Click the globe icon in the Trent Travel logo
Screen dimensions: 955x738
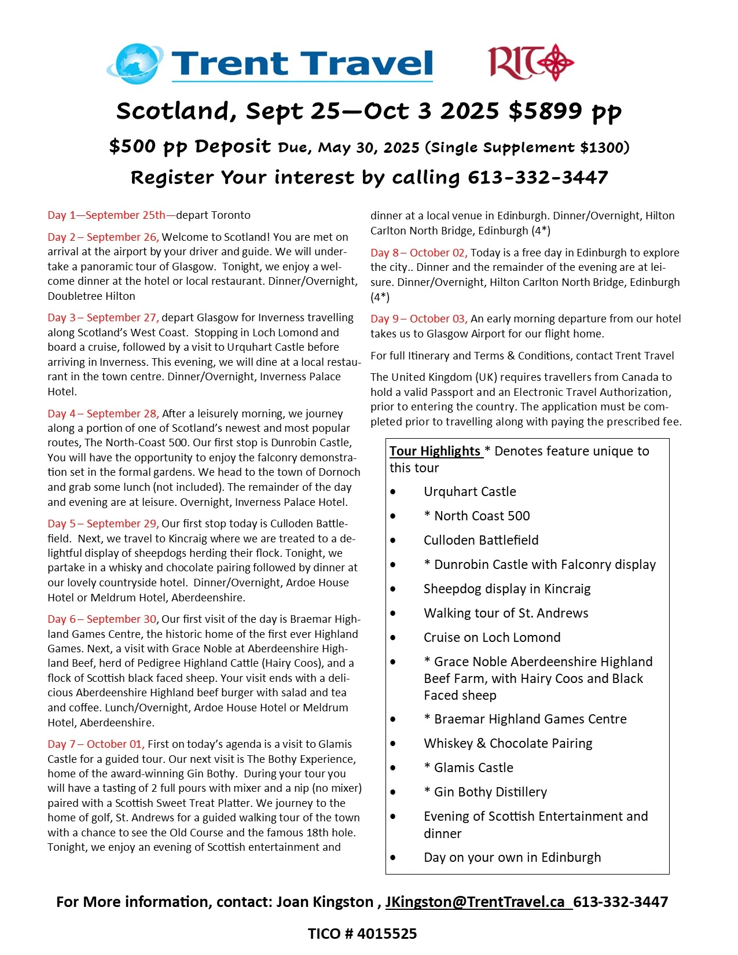click(137, 63)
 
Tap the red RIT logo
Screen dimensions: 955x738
click(530, 62)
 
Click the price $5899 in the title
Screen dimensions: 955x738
click(545, 111)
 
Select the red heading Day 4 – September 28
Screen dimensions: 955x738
click(103, 413)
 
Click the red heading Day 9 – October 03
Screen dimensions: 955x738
click(418, 318)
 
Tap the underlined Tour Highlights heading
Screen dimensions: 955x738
click(435, 451)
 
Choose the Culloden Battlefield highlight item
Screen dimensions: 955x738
click(481, 540)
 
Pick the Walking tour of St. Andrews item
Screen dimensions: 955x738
click(506, 613)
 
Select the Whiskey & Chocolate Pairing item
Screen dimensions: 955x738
click(508, 743)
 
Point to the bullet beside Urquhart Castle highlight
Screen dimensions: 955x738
click(393, 492)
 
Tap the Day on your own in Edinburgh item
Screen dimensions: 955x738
click(512, 857)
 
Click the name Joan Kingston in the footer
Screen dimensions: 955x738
click(324, 902)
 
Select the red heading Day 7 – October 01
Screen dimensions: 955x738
click(96, 744)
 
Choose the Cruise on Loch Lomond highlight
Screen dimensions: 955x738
click(492, 637)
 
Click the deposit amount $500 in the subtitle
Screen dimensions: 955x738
click(132, 146)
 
